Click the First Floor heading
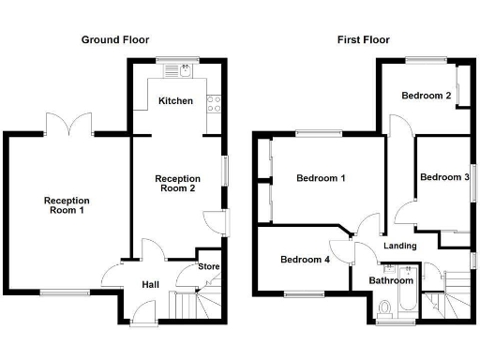point(364,39)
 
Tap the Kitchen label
point(175,100)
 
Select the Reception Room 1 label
point(67,205)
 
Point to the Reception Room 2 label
point(175,183)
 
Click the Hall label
point(150,285)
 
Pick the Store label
point(208,267)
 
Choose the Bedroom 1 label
point(321,178)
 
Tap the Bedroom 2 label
point(427,96)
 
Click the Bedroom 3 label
point(443,177)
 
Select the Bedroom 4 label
point(305,260)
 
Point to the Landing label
point(400,247)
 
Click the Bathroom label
point(390,280)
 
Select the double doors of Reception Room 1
point(67,123)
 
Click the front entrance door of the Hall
point(145,313)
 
